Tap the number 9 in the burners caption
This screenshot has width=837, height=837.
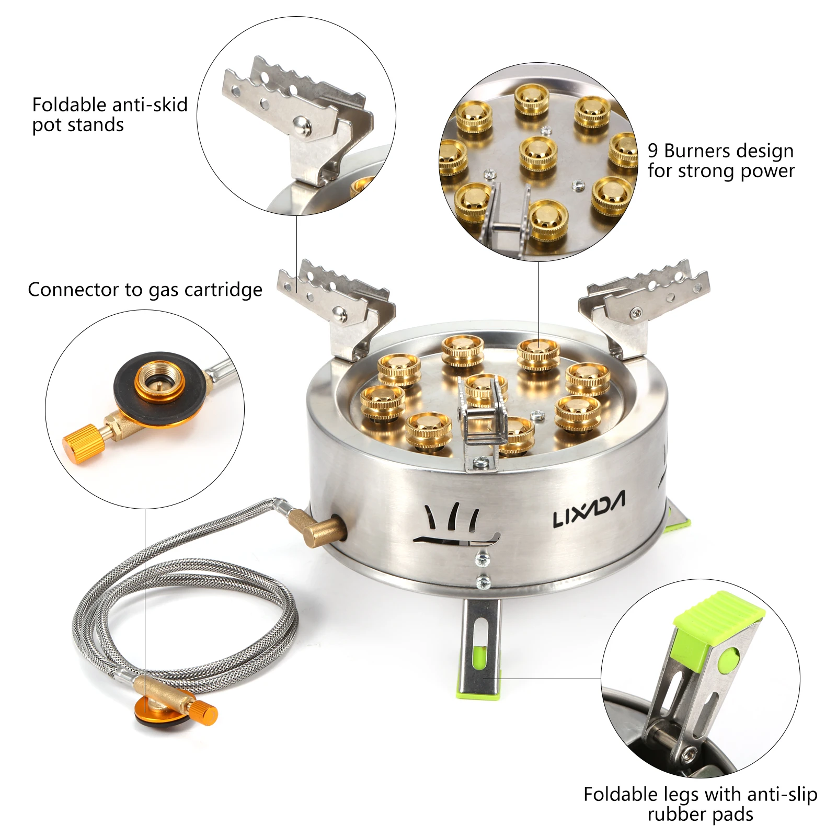click(653, 151)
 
